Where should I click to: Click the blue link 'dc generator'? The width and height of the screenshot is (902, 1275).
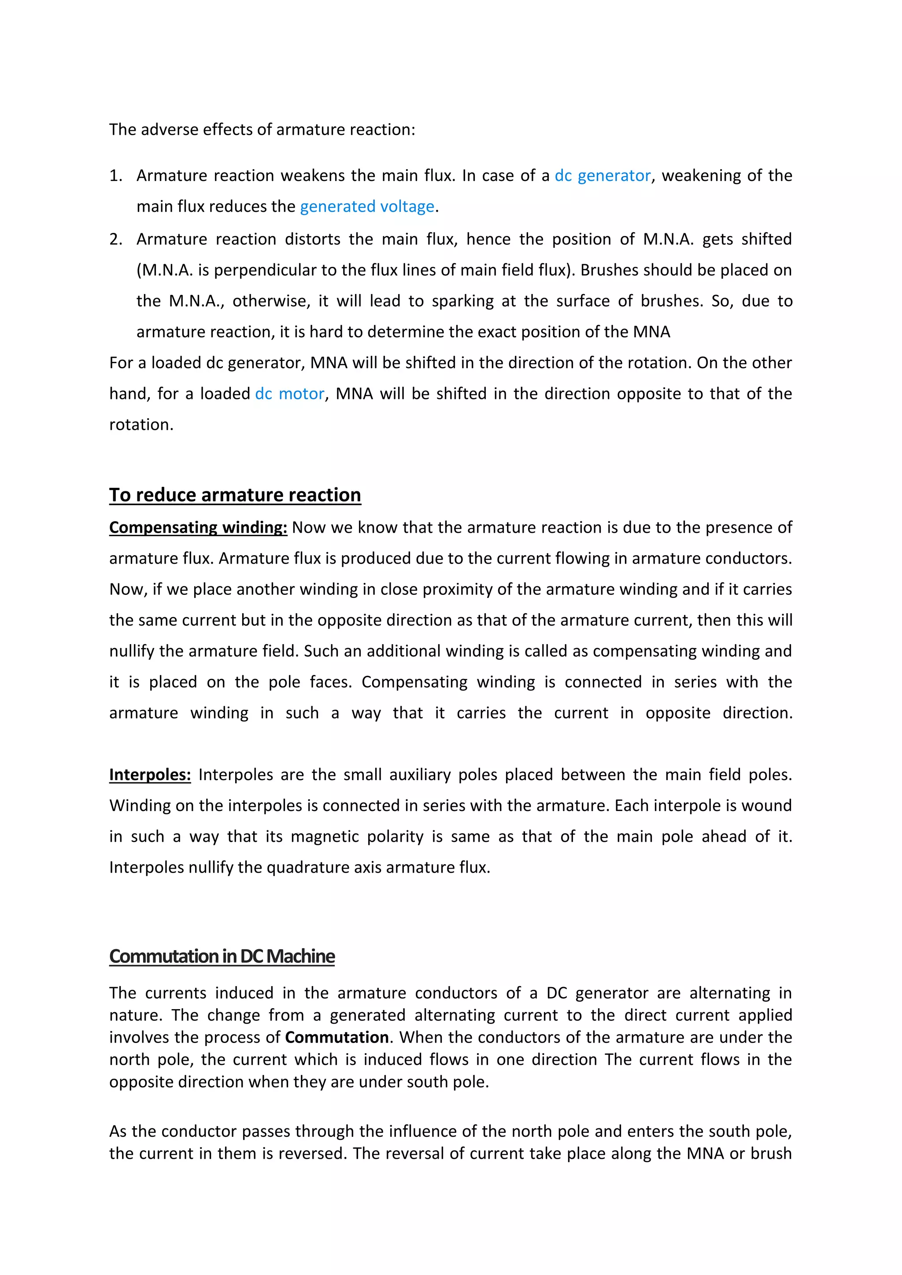(603, 176)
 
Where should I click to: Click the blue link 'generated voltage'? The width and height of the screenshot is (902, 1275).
(367, 206)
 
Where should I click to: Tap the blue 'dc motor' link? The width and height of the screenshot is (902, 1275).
(289, 394)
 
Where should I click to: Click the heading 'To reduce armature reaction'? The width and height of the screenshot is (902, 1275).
(235, 495)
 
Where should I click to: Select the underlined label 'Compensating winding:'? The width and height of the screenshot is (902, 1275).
(198, 527)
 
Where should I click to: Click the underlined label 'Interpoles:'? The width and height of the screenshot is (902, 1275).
(150, 775)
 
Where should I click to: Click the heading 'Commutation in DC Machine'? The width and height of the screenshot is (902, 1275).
(222, 956)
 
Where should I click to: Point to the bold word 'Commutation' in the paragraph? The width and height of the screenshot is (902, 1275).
(336, 1037)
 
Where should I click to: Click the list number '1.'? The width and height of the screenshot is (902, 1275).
(115, 176)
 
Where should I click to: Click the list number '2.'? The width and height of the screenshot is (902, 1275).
(115, 240)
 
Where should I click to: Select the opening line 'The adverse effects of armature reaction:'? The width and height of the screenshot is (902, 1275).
(262, 129)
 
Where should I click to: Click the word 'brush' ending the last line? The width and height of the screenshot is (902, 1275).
(771, 1153)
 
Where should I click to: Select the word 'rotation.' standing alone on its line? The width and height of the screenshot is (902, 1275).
(141, 425)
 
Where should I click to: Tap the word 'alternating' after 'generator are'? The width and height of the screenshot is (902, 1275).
(729, 993)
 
